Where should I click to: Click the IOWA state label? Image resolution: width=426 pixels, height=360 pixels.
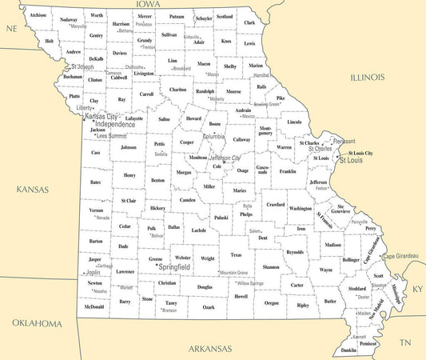point(148,5)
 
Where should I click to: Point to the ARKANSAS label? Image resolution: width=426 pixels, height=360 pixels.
point(210,349)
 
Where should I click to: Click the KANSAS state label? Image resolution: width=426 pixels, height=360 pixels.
point(31,190)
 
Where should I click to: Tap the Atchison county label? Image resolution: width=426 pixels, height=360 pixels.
point(38,15)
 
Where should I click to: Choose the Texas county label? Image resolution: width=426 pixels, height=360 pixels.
point(235,254)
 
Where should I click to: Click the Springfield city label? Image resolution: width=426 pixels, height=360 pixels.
point(180,266)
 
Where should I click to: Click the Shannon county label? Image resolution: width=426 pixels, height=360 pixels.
point(271,266)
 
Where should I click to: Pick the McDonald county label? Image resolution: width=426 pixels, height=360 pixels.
point(94,306)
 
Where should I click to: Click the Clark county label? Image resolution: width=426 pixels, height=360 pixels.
point(249,22)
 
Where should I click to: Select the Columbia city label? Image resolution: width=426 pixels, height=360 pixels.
point(213,136)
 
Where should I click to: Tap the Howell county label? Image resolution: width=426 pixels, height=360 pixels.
point(241,296)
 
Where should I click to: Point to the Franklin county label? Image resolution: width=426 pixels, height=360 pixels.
point(288,170)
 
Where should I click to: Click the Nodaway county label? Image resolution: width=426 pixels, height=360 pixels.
point(69,19)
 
